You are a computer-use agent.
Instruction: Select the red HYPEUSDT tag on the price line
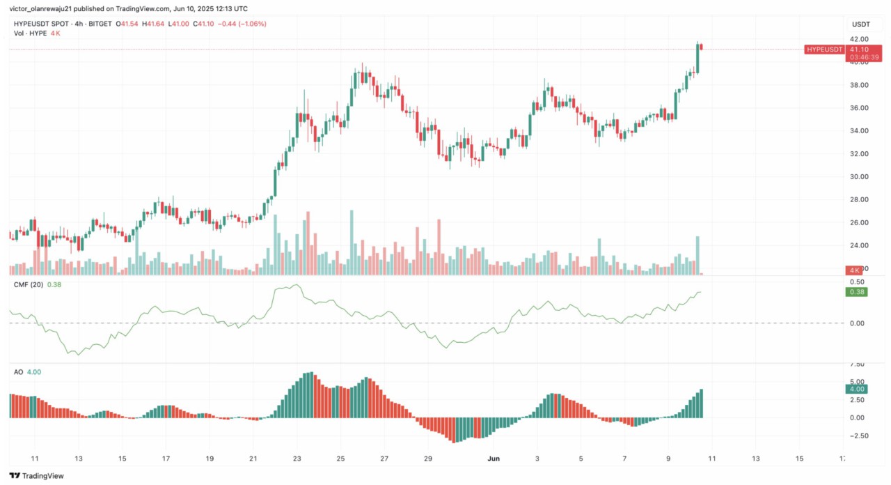click(x=824, y=49)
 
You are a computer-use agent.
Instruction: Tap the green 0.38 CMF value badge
click(x=858, y=292)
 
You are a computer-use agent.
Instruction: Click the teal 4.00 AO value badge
click(x=858, y=390)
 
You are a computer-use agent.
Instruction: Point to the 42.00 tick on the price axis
click(x=858, y=39)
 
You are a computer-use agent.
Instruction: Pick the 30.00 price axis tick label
click(x=858, y=177)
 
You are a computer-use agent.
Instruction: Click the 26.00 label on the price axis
click(x=858, y=223)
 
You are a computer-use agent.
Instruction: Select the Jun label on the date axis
click(x=494, y=459)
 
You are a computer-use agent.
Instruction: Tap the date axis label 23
click(x=297, y=459)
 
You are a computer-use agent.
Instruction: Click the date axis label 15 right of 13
click(x=799, y=459)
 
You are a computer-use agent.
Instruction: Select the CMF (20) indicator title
click(x=29, y=284)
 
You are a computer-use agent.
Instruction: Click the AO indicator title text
click(x=18, y=372)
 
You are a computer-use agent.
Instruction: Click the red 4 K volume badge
click(x=855, y=270)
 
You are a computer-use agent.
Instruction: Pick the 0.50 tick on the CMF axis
click(x=858, y=282)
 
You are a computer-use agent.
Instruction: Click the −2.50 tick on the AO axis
click(x=857, y=436)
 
